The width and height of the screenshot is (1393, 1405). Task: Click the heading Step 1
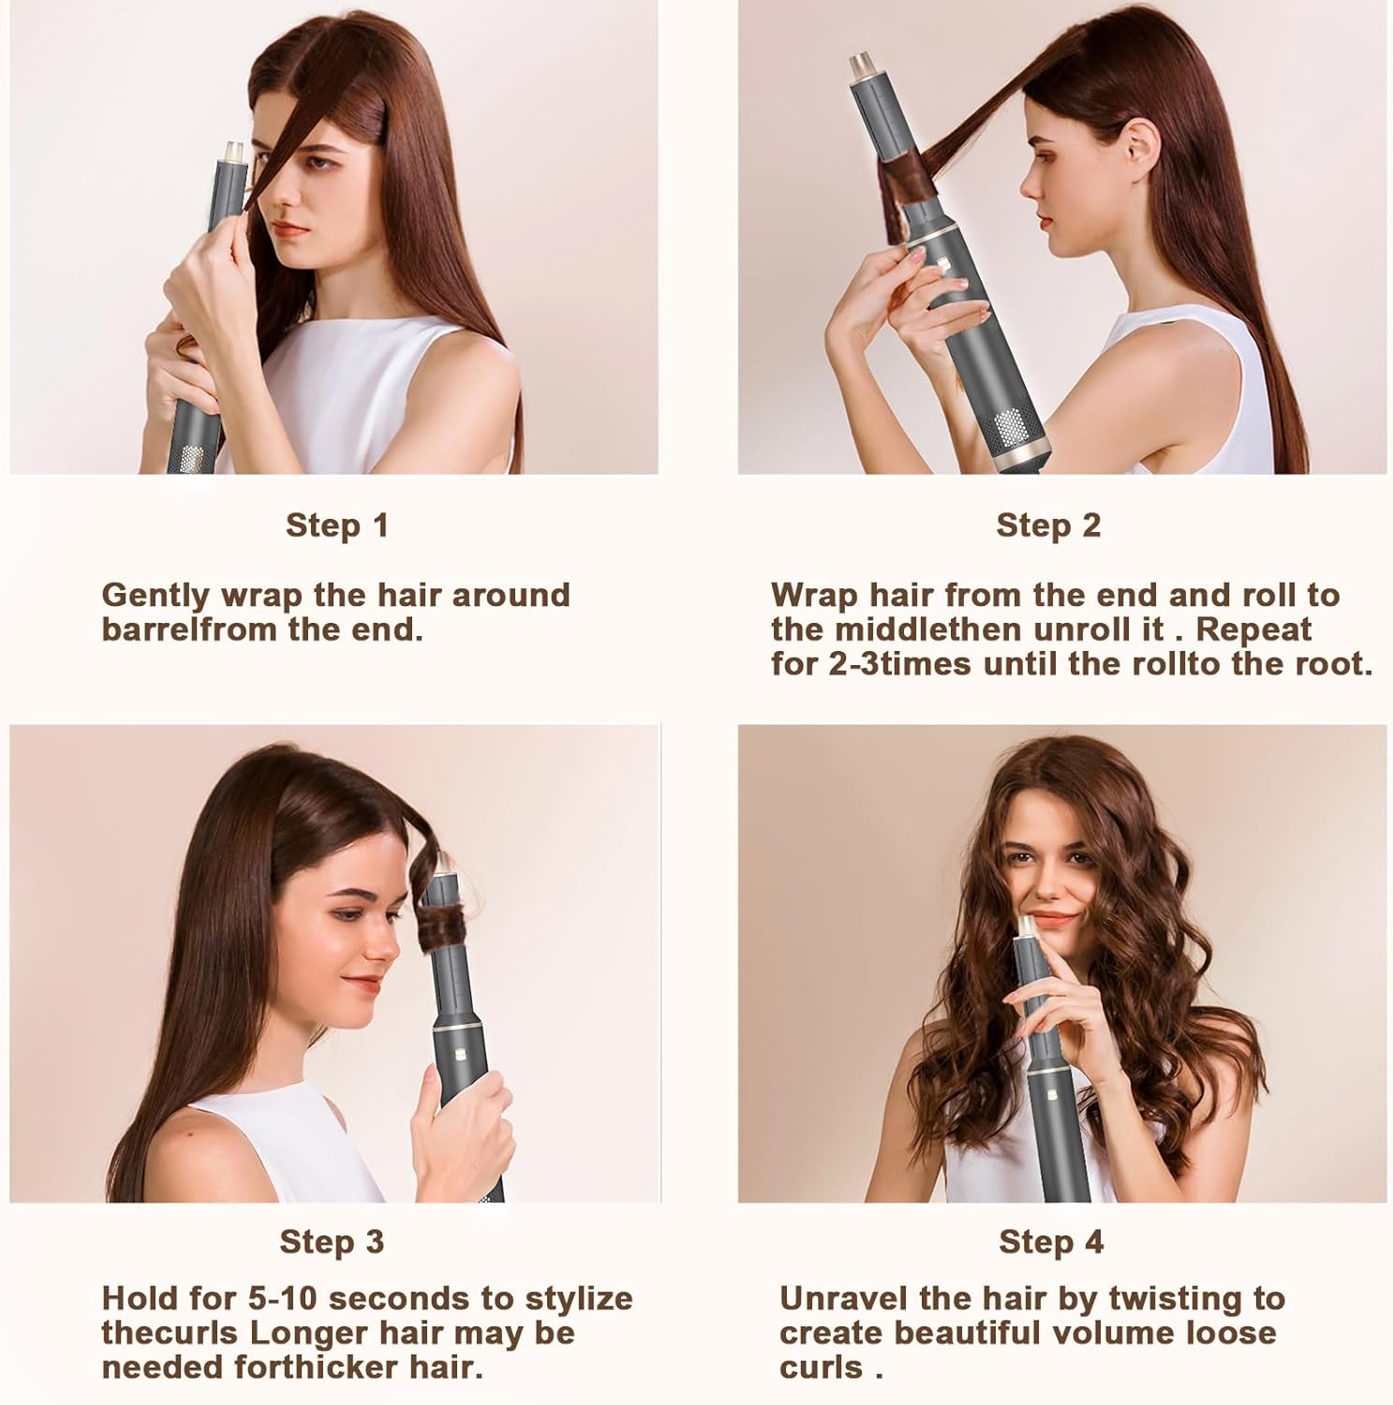pyautogui.click(x=336, y=525)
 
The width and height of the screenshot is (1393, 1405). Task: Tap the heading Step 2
pyautogui.click(x=1048, y=525)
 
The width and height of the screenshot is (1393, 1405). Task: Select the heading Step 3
pyautogui.click(x=332, y=1242)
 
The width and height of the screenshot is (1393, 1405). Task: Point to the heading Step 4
pyautogui.click(x=1051, y=1242)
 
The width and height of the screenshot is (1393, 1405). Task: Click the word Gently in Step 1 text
pyautogui.click(x=155, y=596)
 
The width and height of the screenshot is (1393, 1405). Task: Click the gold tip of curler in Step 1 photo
pyautogui.click(x=231, y=151)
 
